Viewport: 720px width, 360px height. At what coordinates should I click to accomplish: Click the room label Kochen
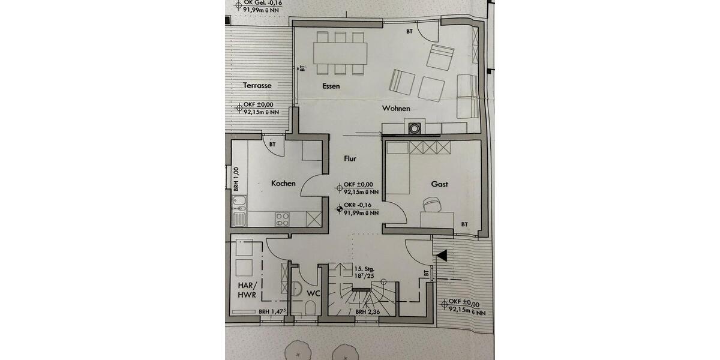coord(283,183)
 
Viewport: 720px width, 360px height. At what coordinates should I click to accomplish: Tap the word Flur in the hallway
coord(350,159)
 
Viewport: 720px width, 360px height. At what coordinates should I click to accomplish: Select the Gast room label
coord(439,185)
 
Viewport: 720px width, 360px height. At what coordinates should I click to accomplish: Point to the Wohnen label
coord(397,109)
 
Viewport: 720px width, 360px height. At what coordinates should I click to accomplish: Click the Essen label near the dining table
coord(331,86)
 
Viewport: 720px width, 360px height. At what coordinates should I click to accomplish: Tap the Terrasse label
coord(257,86)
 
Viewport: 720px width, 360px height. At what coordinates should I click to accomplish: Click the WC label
coord(314,293)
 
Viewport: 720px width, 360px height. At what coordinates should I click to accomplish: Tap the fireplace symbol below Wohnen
coord(415,127)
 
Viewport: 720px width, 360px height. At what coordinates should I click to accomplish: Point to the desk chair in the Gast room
coord(433,205)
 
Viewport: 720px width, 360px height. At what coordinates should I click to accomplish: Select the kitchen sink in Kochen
coord(239,210)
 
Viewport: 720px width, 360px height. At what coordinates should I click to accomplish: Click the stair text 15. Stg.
coord(364,268)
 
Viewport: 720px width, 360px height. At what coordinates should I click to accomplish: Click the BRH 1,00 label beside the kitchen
coord(236,179)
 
